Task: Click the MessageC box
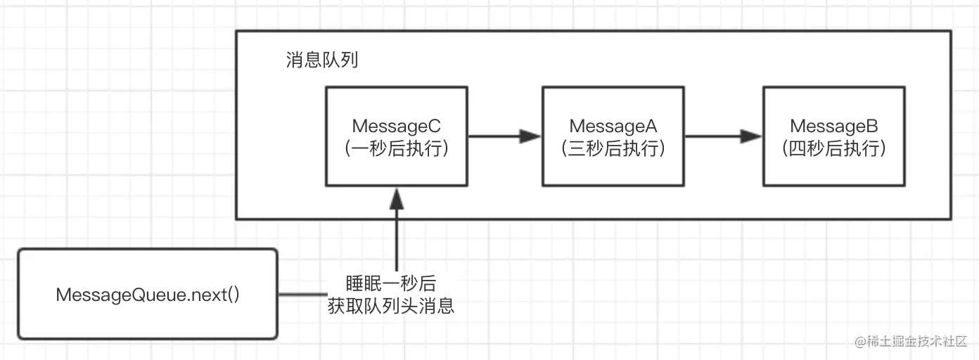pyautogui.click(x=397, y=136)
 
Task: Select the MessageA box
pyautogui.click(x=613, y=136)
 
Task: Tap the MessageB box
pyautogui.click(x=834, y=136)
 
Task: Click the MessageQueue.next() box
pyautogui.click(x=148, y=294)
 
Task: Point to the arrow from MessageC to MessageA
pyautogui.click(x=504, y=136)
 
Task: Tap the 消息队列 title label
pyautogui.click(x=322, y=60)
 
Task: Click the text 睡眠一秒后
pyautogui.click(x=391, y=283)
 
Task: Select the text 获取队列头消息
pyautogui.click(x=391, y=306)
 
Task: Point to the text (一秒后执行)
pyautogui.click(x=397, y=149)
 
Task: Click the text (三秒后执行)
pyautogui.click(x=613, y=149)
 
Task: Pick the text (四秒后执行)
pyautogui.click(x=834, y=149)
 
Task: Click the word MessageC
pyautogui.click(x=397, y=126)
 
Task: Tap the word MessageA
pyautogui.click(x=613, y=126)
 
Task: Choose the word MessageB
pyautogui.click(x=834, y=126)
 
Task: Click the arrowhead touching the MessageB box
pyautogui.click(x=753, y=136)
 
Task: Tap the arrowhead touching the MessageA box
pyautogui.click(x=532, y=136)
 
